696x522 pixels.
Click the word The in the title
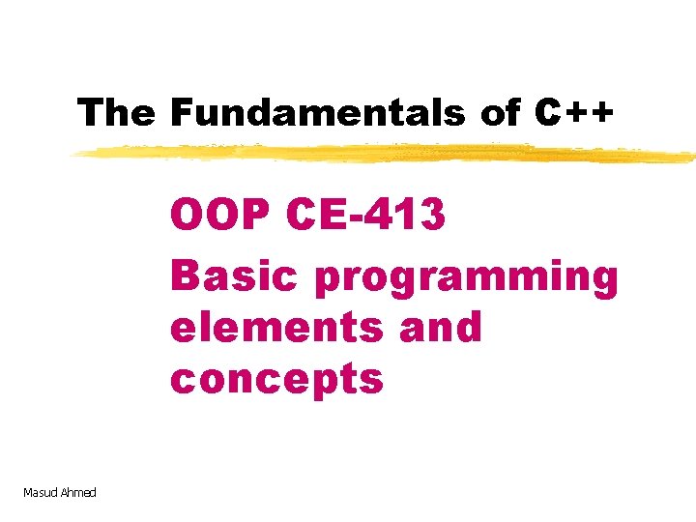[x=116, y=113]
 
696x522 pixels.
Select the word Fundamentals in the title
[x=319, y=113]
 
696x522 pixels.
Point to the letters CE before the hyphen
[x=320, y=216]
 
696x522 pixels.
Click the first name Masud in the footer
[x=42, y=493]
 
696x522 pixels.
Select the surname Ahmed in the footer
[x=79, y=493]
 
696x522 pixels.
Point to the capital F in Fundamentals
[x=181, y=113]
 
